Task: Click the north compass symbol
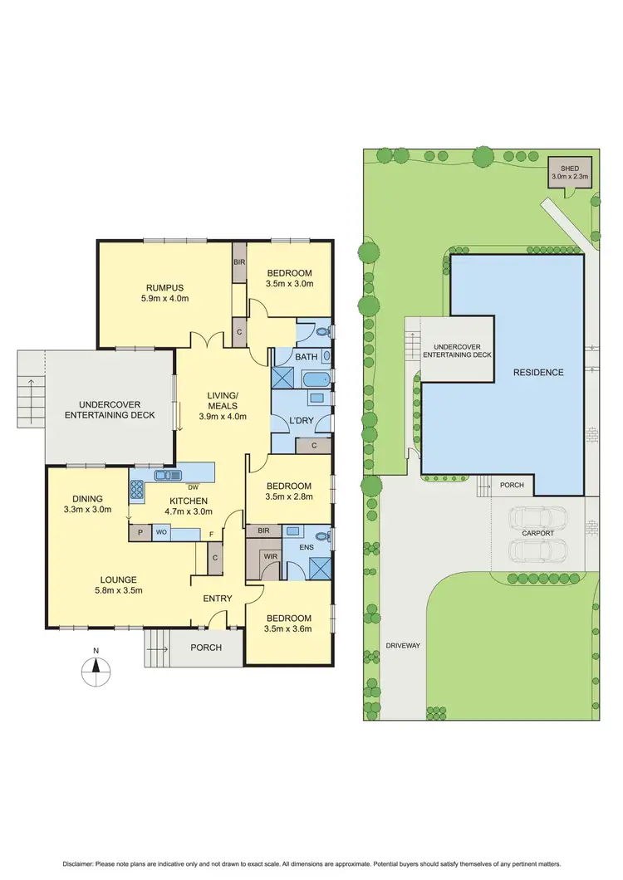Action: (x=97, y=664)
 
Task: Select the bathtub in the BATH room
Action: (x=315, y=380)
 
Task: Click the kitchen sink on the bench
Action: (x=167, y=476)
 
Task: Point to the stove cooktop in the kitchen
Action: (x=137, y=489)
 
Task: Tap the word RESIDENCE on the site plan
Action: (x=537, y=373)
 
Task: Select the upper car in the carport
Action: (x=538, y=519)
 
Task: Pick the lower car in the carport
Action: (x=538, y=550)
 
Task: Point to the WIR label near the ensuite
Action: (x=268, y=556)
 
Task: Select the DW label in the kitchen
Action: (x=192, y=487)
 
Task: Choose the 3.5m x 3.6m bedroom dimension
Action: (x=289, y=630)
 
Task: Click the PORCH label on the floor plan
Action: (x=205, y=648)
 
